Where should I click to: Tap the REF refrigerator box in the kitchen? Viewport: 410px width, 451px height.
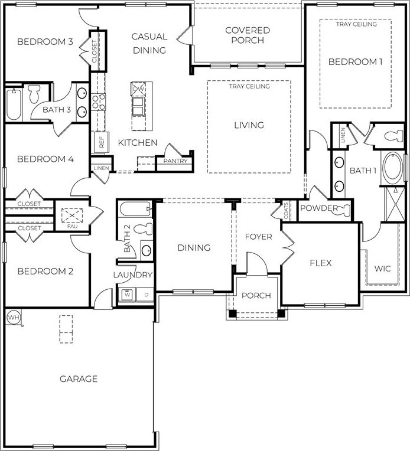click(102, 142)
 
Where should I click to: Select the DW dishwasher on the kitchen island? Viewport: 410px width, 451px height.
click(138, 89)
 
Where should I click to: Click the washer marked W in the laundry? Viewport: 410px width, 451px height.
click(127, 295)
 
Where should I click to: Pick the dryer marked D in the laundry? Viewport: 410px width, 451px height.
click(146, 295)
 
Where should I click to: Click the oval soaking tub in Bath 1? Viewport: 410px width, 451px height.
click(393, 168)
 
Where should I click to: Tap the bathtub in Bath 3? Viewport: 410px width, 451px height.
click(14, 104)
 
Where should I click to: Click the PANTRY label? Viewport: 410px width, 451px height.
click(175, 161)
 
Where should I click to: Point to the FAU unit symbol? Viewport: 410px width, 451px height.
click(72, 215)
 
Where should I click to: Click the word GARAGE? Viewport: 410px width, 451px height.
click(79, 379)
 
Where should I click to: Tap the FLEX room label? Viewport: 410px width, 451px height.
click(321, 263)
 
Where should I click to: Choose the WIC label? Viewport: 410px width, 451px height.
click(382, 269)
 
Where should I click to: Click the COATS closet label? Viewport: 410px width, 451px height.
click(286, 211)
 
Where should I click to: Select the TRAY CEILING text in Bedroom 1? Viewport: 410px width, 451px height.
click(356, 24)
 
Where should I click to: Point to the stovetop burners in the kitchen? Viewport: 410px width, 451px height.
click(99, 102)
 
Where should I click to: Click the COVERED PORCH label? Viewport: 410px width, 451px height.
click(248, 35)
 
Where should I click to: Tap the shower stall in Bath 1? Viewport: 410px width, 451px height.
click(395, 204)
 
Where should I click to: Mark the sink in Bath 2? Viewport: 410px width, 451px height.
click(147, 250)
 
